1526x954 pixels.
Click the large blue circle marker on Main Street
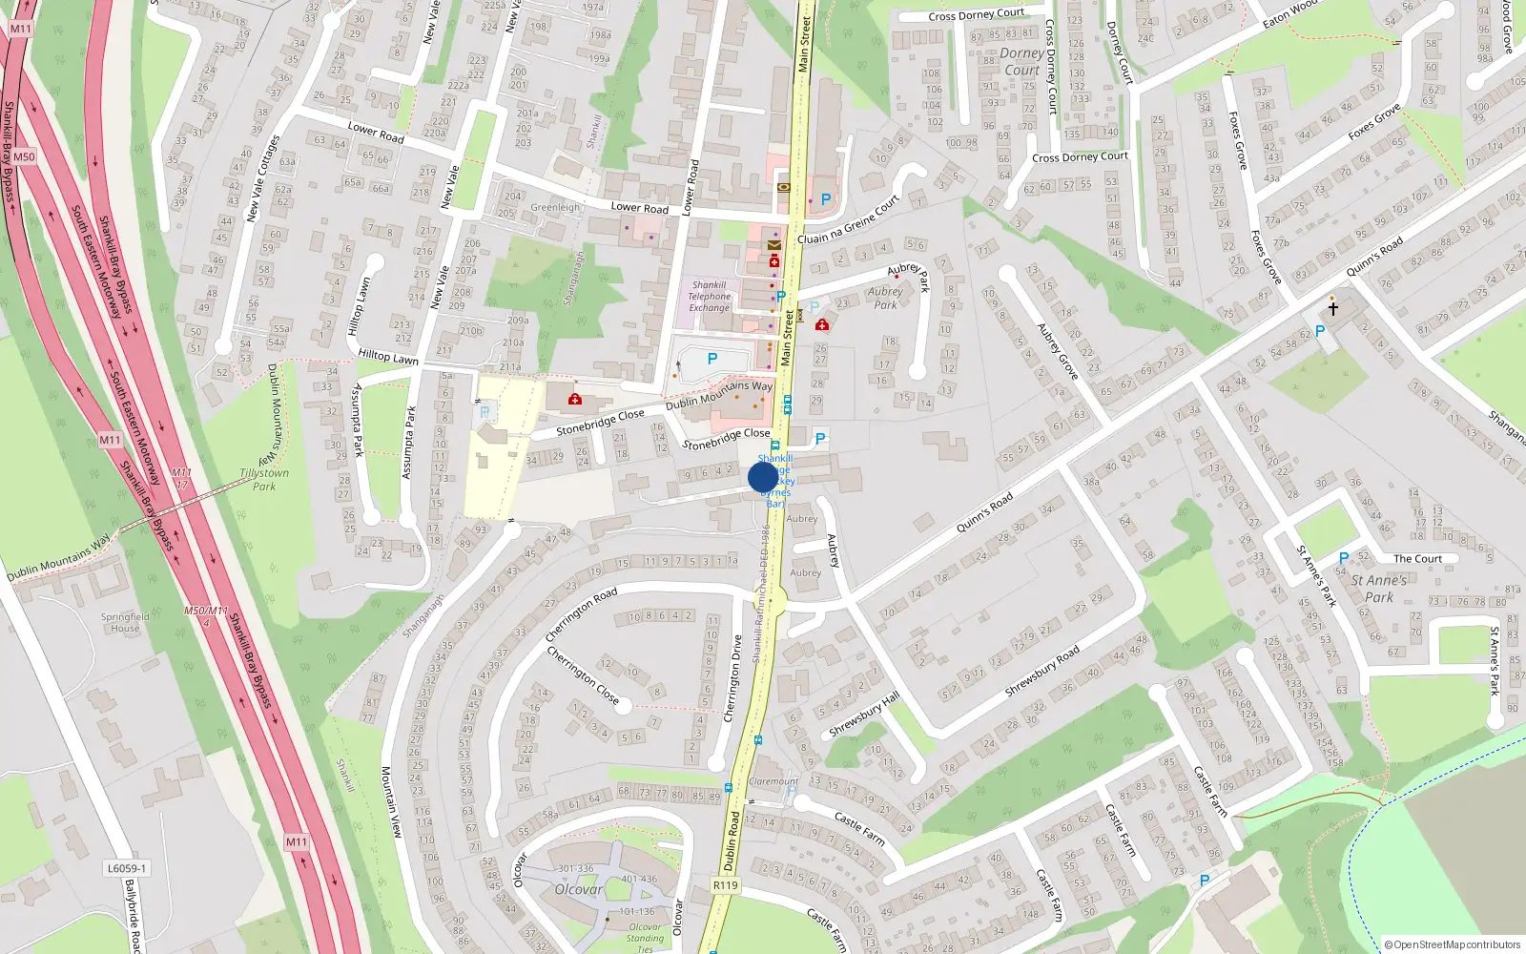(x=763, y=477)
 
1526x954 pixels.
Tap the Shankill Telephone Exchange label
(x=710, y=297)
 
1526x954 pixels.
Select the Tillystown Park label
(x=264, y=480)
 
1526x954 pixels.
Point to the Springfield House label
(x=125, y=622)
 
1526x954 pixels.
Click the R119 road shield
(x=726, y=885)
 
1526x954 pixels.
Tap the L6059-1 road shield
(x=126, y=869)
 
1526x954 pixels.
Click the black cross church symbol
(x=1332, y=308)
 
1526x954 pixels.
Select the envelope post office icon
(x=774, y=245)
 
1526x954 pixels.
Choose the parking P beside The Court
(x=1344, y=558)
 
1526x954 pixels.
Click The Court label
(x=1417, y=559)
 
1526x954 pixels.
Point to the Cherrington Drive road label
(x=732, y=678)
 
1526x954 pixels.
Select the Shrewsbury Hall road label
(x=864, y=715)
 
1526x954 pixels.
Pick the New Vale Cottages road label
(x=262, y=178)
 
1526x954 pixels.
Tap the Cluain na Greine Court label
(x=849, y=220)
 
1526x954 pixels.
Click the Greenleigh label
(x=555, y=207)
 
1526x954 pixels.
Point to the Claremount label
(x=773, y=781)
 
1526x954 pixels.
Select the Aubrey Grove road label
(x=1058, y=352)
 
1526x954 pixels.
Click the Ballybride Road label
(x=133, y=916)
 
